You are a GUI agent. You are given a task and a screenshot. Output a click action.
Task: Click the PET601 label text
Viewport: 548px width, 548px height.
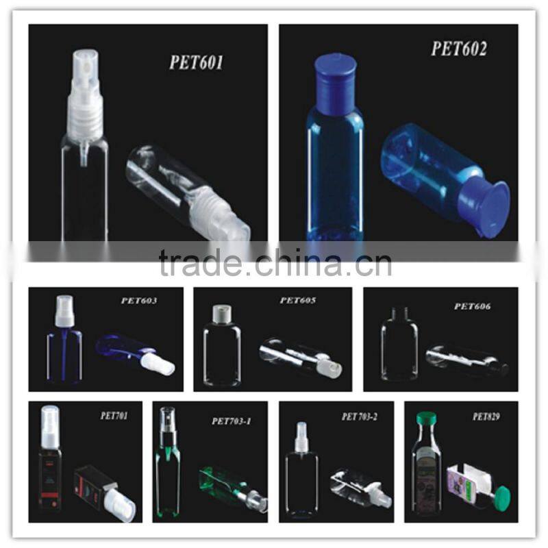click(196, 62)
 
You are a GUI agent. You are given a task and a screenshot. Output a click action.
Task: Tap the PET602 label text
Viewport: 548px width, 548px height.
click(459, 49)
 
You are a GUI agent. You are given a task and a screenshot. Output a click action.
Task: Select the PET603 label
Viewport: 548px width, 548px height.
click(139, 301)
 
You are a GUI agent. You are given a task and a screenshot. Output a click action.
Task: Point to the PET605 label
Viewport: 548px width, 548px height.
click(298, 300)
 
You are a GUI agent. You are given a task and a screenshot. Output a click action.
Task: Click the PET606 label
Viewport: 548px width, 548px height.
click(472, 306)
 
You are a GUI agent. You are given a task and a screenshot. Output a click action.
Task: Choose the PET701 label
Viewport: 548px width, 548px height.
click(114, 416)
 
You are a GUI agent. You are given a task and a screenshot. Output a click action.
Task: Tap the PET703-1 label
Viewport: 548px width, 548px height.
click(232, 421)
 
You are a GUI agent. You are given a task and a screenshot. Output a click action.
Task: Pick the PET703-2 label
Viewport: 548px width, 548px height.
click(359, 416)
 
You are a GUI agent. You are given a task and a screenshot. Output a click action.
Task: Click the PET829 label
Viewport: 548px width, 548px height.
click(486, 416)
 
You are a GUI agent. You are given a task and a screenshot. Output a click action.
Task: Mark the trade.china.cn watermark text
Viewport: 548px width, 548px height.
click(275, 262)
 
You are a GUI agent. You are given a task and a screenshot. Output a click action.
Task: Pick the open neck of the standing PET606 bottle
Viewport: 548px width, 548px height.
click(399, 312)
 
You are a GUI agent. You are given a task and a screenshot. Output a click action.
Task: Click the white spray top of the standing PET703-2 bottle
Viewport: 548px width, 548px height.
click(301, 437)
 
